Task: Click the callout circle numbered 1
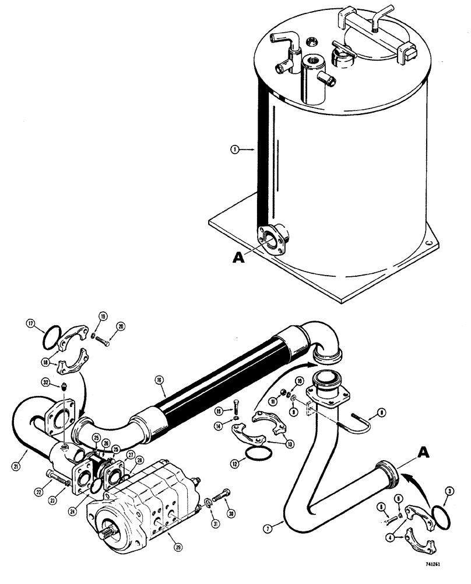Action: tap(234, 149)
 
